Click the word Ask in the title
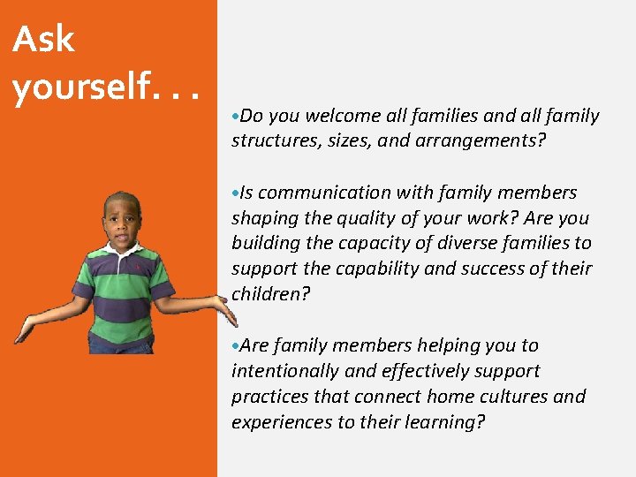click(x=44, y=39)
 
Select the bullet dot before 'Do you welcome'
click(x=235, y=117)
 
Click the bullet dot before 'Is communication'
click(x=235, y=193)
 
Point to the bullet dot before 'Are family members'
click(x=235, y=346)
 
